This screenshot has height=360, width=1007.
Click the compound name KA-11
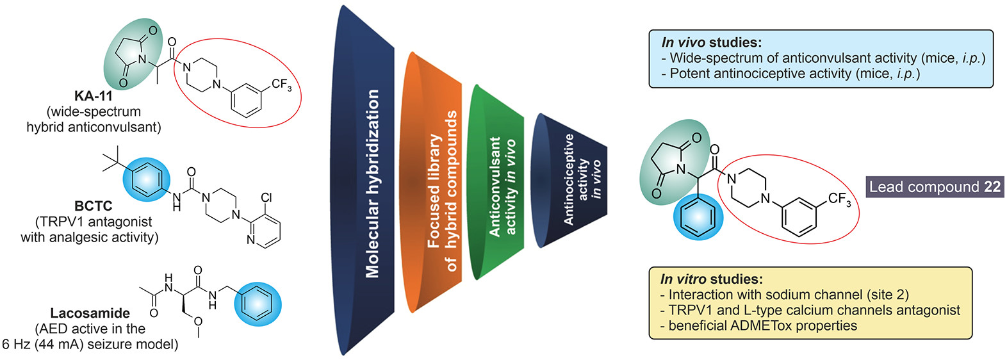[94, 96]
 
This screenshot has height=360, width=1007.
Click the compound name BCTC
[94, 206]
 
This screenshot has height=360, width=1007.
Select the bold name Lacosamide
[90, 313]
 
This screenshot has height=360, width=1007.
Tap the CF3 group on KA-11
[281, 85]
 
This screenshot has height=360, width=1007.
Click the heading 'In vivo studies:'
[711, 43]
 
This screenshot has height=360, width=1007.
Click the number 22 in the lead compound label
[992, 187]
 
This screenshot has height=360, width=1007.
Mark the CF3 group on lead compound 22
[839, 200]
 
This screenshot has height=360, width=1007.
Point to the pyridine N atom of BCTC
[250, 240]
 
